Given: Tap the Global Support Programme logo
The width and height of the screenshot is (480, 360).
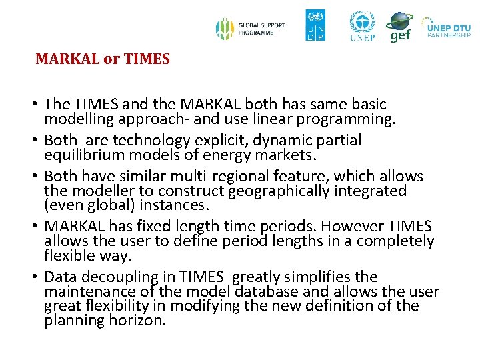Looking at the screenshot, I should (250, 29).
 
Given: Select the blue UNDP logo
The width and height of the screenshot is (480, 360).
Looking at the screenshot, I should (315, 25).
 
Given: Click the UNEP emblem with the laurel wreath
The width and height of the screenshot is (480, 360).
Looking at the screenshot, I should (362, 25).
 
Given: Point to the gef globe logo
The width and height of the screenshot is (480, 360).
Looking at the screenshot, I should (399, 27).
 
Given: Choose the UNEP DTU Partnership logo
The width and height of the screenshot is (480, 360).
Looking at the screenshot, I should (447, 27).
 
